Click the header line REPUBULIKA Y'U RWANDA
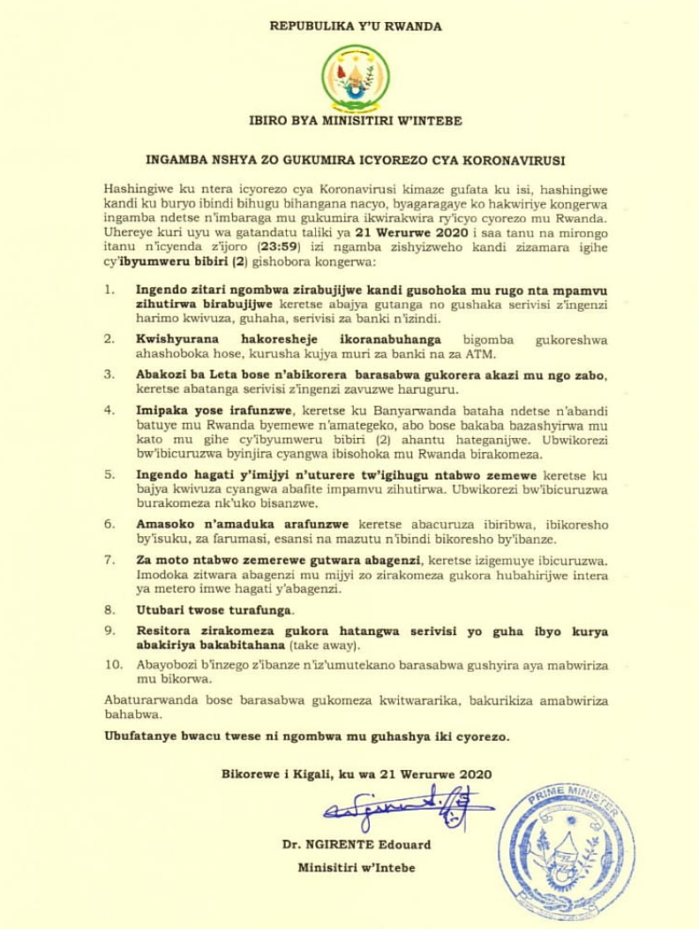click(356, 26)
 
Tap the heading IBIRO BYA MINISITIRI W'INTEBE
click(356, 121)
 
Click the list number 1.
click(109, 289)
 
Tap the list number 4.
click(109, 411)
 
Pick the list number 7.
click(109, 561)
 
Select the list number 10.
click(111, 665)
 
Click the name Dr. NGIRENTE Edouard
click(357, 845)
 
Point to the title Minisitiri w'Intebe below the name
click(357, 868)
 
